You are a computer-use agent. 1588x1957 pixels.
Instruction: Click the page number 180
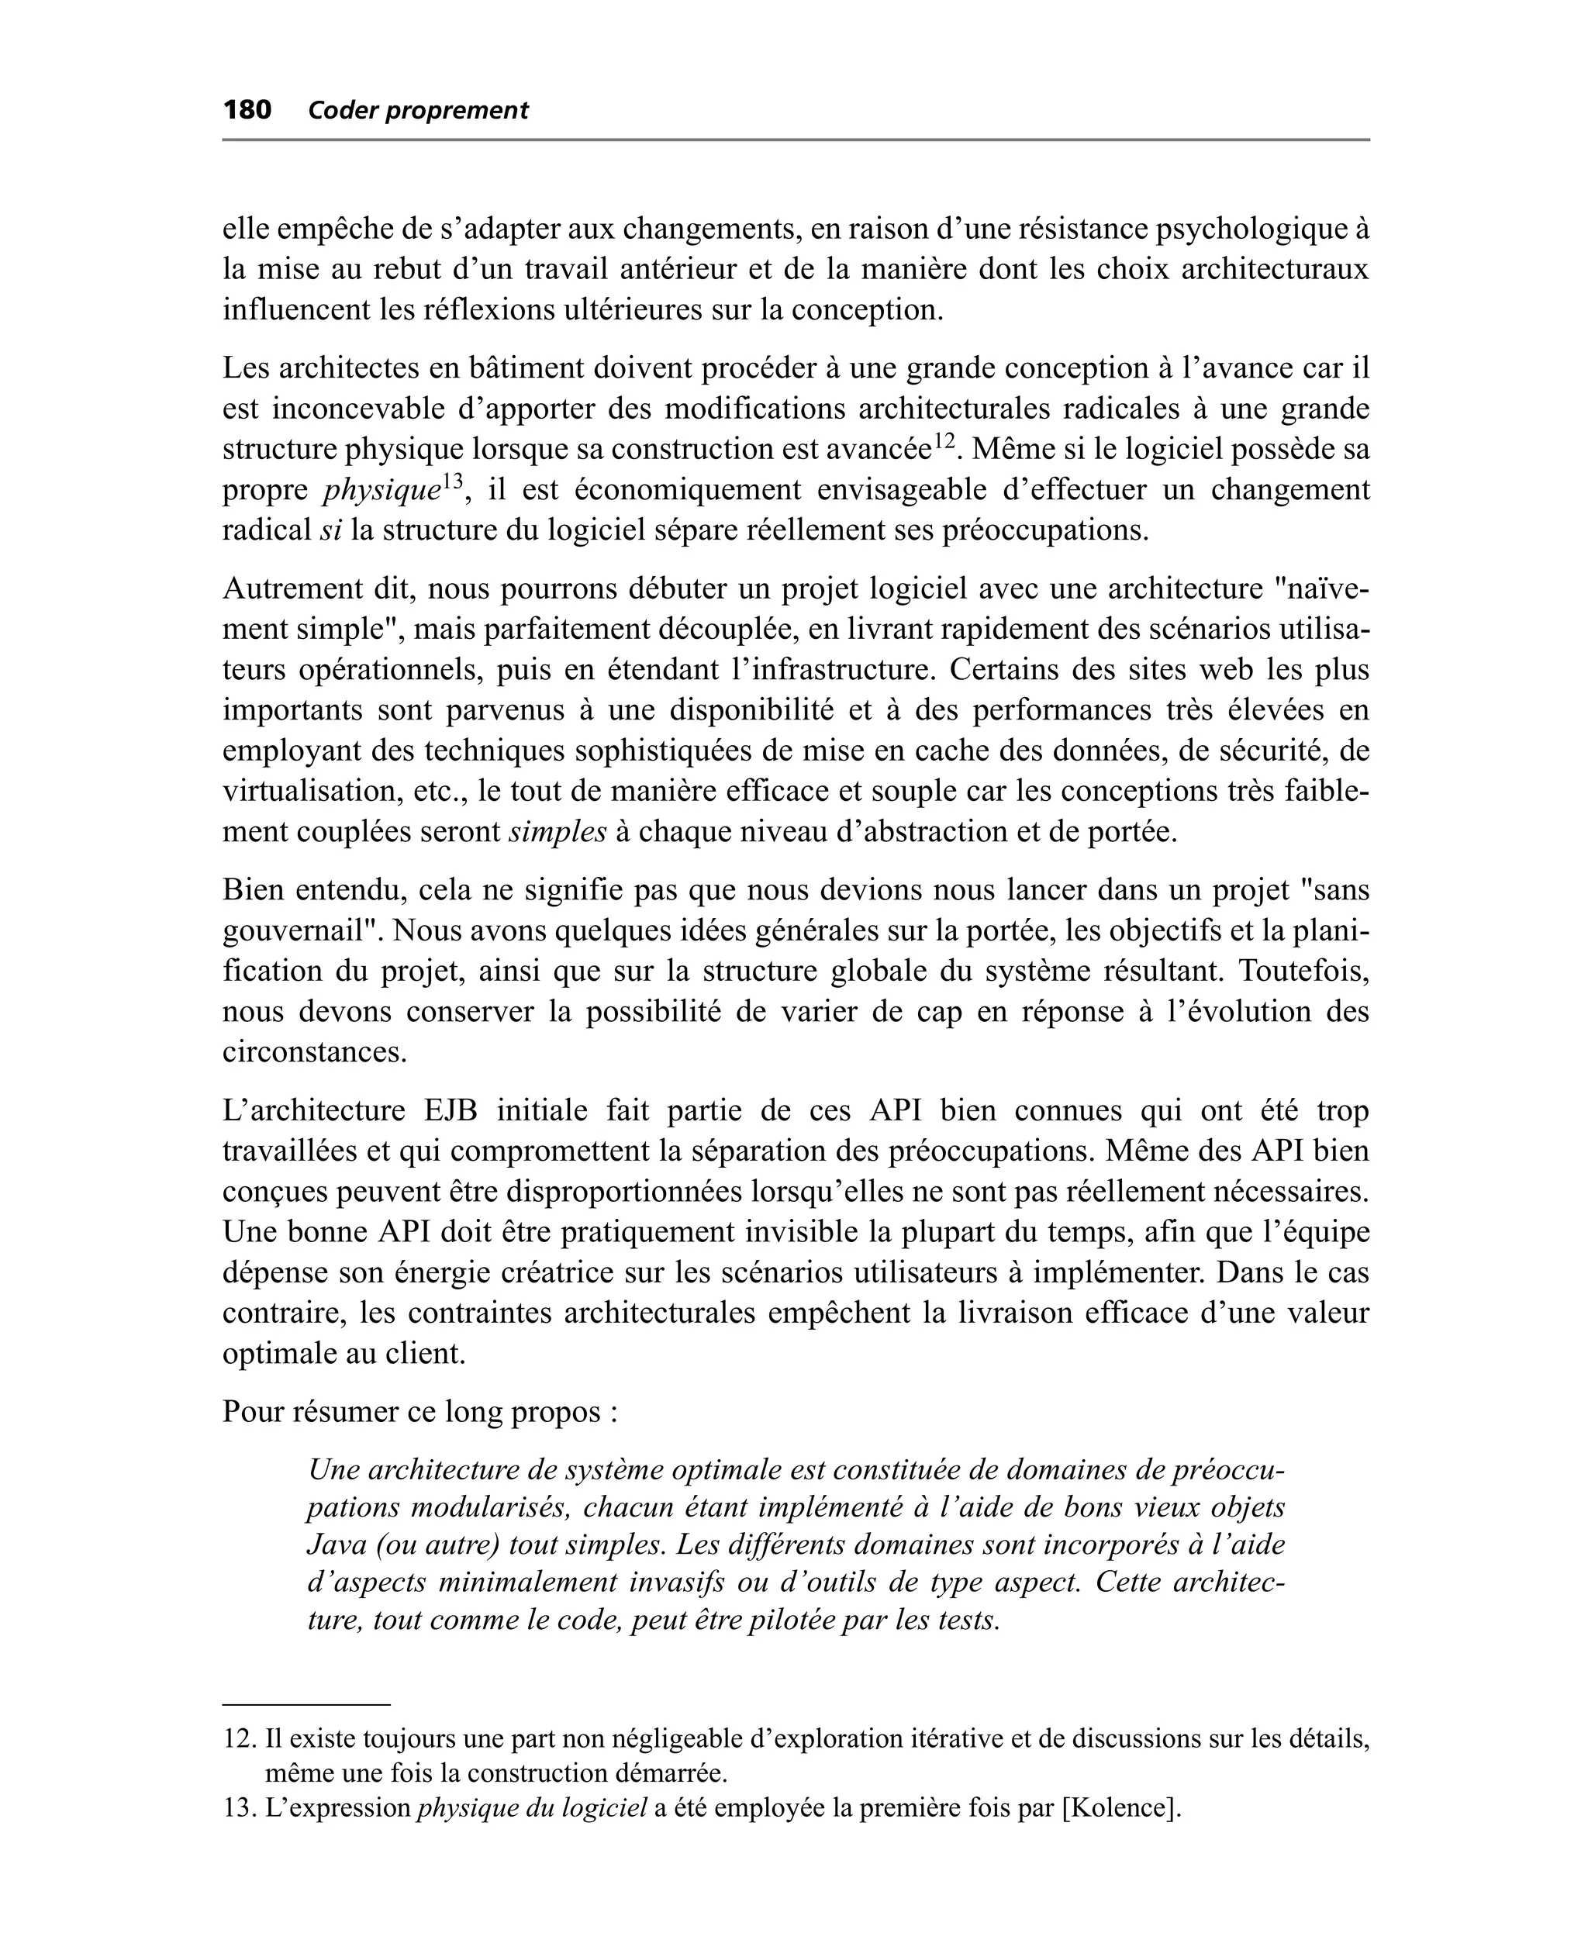[247, 111]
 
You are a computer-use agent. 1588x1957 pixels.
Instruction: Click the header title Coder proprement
[418, 112]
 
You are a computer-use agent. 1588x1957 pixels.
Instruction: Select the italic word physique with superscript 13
[381, 491]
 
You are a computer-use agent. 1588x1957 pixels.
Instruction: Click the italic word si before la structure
[330, 530]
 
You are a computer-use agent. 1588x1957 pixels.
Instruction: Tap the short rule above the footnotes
[306, 1704]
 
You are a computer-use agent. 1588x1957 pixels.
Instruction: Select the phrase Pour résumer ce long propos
[419, 1412]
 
